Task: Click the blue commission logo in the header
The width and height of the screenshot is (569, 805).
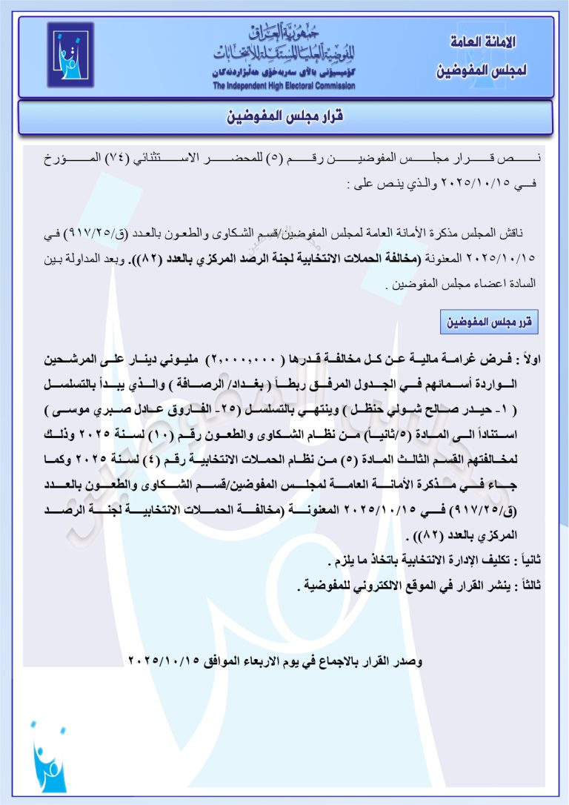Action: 70,55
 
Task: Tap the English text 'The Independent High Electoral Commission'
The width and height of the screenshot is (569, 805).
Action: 284,86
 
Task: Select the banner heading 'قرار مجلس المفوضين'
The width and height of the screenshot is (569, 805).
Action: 284,117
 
